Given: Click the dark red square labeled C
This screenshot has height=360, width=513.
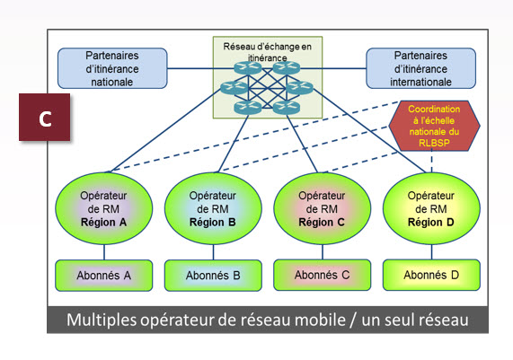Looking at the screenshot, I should click(x=45, y=118).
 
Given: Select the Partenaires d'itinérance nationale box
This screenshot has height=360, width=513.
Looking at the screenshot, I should click(x=111, y=68).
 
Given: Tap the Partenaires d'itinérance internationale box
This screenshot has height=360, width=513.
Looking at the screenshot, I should click(x=420, y=68).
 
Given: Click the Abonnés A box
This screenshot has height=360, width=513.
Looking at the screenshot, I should click(x=102, y=275).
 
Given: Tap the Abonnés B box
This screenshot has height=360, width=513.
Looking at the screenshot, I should click(x=213, y=275).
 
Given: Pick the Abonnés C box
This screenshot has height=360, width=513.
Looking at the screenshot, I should click(x=321, y=274).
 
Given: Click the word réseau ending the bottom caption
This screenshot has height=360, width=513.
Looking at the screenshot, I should click(x=442, y=320).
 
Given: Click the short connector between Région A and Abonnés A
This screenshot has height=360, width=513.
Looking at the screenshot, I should click(x=103, y=252).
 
